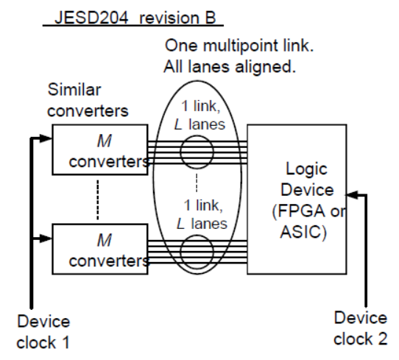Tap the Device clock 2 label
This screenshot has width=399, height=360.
[x=361, y=327]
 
